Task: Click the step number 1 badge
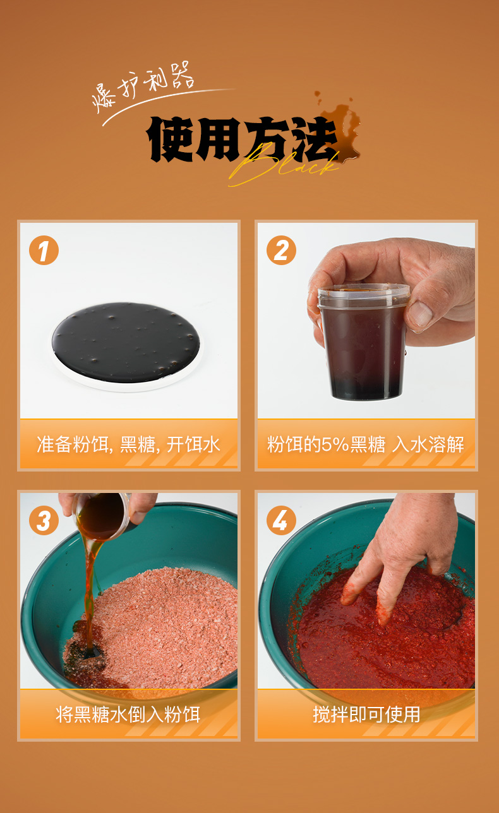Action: [x=44, y=250]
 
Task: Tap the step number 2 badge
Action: [x=281, y=250]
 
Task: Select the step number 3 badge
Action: [x=44, y=520]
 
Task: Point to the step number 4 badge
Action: [x=281, y=520]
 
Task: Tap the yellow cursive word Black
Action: [x=283, y=166]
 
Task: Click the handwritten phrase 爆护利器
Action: [x=143, y=86]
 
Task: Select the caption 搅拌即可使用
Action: [x=366, y=715]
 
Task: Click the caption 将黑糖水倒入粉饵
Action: [x=128, y=715]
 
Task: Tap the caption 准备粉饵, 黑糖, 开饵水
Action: [x=129, y=444]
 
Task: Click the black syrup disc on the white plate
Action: [x=126, y=342]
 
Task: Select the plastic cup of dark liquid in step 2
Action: [x=364, y=342]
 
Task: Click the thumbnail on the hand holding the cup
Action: [x=420, y=313]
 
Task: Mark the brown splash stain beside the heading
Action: [x=340, y=127]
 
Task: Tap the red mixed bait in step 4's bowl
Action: [x=385, y=631]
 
